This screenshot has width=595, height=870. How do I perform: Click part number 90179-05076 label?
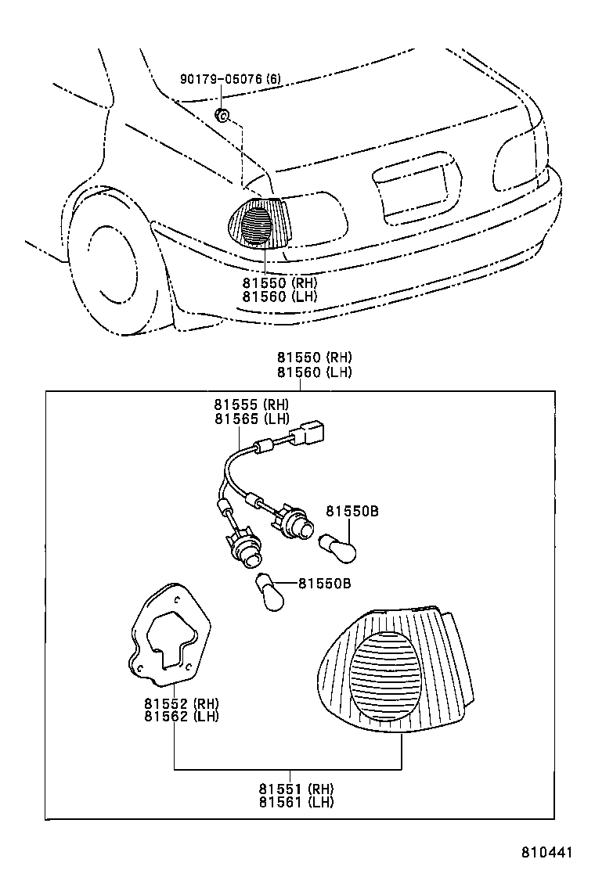[230, 79]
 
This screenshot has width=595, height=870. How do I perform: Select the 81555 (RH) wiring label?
[252, 404]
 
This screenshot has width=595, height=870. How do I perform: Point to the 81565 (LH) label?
[252, 419]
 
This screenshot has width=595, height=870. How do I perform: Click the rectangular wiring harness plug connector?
[310, 432]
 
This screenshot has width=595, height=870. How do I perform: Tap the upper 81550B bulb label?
[352, 510]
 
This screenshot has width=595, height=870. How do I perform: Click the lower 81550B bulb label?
[325, 584]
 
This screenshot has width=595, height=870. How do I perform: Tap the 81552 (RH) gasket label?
[182, 703]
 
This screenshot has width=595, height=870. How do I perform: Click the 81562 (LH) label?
[182, 717]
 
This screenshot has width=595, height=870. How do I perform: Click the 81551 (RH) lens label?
[297, 789]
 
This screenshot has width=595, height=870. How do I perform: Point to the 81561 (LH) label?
[297, 802]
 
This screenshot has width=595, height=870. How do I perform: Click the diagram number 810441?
[546, 852]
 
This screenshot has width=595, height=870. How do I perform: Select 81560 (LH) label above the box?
[315, 372]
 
